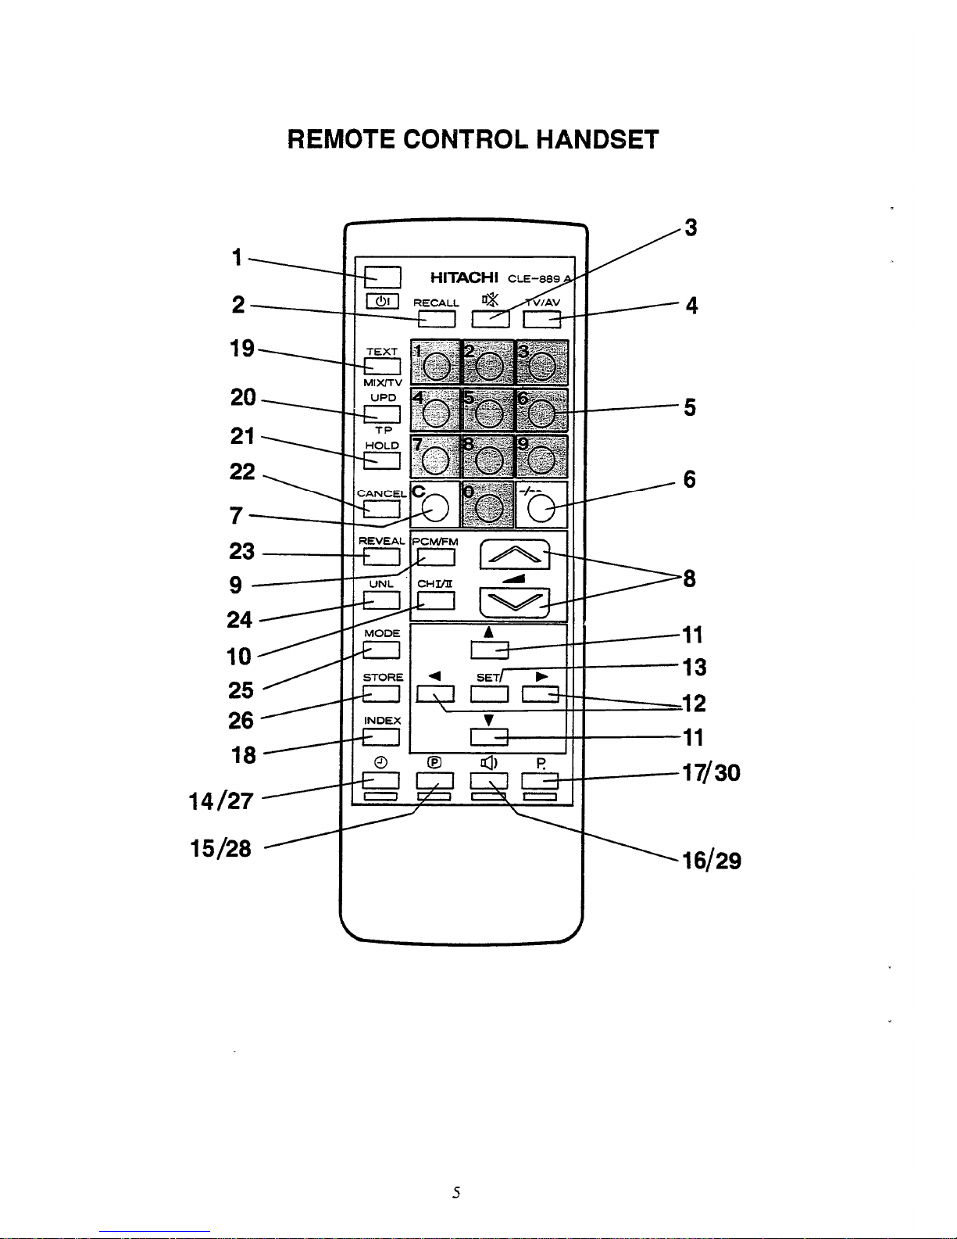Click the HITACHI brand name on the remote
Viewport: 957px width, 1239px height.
click(464, 278)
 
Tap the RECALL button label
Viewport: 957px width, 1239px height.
click(436, 303)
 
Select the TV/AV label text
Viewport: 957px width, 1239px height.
click(543, 303)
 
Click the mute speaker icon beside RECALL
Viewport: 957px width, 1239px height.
click(490, 299)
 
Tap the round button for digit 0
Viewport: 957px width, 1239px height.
click(489, 507)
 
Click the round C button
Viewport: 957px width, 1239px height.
click(434, 507)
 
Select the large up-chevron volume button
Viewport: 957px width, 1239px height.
click(514, 554)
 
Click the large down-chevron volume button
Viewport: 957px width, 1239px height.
click(514, 603)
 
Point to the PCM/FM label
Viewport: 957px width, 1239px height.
click(434, 542)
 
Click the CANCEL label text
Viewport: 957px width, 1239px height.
click(382, 494)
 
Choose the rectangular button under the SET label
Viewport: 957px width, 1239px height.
click(489, 694)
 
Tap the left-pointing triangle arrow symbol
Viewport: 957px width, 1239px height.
click(434, 676)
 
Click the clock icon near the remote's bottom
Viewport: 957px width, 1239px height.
click(381, 762)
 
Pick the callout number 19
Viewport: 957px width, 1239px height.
click(242, 349)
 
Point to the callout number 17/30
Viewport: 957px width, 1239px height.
click(712, 773)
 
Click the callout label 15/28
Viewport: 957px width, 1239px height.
click(220, 848)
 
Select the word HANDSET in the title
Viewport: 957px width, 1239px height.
click(597, 140)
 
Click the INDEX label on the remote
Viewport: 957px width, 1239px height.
click(382, 721)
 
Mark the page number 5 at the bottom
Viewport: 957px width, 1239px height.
click(456, 1192)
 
